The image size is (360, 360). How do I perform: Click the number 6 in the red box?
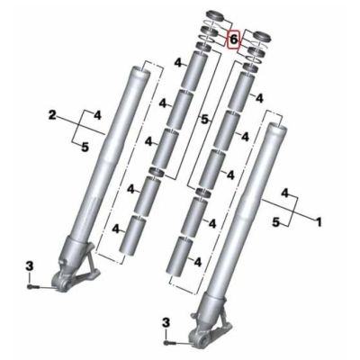(x=233, y=40)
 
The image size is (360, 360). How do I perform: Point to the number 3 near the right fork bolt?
(x=166, y=322)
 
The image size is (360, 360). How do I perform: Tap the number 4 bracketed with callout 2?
(x=97, y=114)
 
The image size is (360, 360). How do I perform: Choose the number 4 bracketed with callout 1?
(x=285, y=193)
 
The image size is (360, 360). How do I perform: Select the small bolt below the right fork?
(x=171, y=343)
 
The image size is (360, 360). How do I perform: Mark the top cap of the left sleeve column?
(x=216, y=15)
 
